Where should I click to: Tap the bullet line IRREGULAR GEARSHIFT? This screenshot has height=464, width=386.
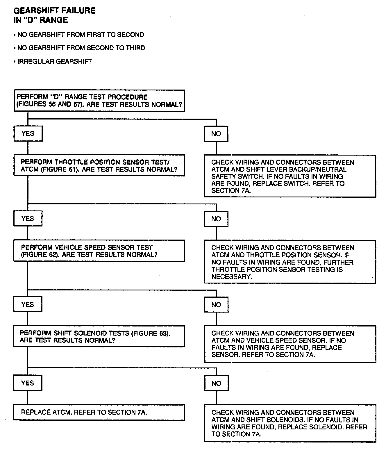click(54, 61)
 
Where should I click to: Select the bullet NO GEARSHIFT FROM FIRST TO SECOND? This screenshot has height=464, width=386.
click(80, 35)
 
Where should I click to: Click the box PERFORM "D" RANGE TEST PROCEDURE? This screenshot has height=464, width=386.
click(99, 101)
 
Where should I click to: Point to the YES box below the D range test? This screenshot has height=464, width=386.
click(28, 133)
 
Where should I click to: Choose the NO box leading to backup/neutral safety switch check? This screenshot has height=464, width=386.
click(216, 134)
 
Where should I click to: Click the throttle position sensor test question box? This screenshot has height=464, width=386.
click(99, 165)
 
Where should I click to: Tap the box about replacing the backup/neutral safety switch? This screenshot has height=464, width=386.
click(290, 176)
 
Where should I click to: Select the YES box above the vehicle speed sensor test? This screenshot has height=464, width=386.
click(28, 219)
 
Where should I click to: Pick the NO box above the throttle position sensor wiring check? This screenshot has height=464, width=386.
click(216, 219)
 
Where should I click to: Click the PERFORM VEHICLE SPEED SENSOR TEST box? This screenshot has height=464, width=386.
click(99, 251)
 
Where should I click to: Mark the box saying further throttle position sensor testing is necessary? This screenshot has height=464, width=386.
click(290, 262)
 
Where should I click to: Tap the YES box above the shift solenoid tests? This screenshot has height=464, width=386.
click(28, 304)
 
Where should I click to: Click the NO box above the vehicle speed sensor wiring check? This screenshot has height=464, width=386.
click(216, 305)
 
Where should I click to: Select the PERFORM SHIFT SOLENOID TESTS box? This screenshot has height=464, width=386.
click(99, 336)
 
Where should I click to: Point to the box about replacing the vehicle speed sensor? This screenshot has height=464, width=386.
click(290, 344)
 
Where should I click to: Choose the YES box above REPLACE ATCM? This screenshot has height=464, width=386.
click(28, 383)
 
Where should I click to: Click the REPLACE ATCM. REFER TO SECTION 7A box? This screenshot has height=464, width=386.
click(99, 412)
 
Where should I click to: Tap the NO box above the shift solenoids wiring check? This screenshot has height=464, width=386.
click(216, 383)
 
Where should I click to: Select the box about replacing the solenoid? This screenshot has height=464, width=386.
click(290, 423)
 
